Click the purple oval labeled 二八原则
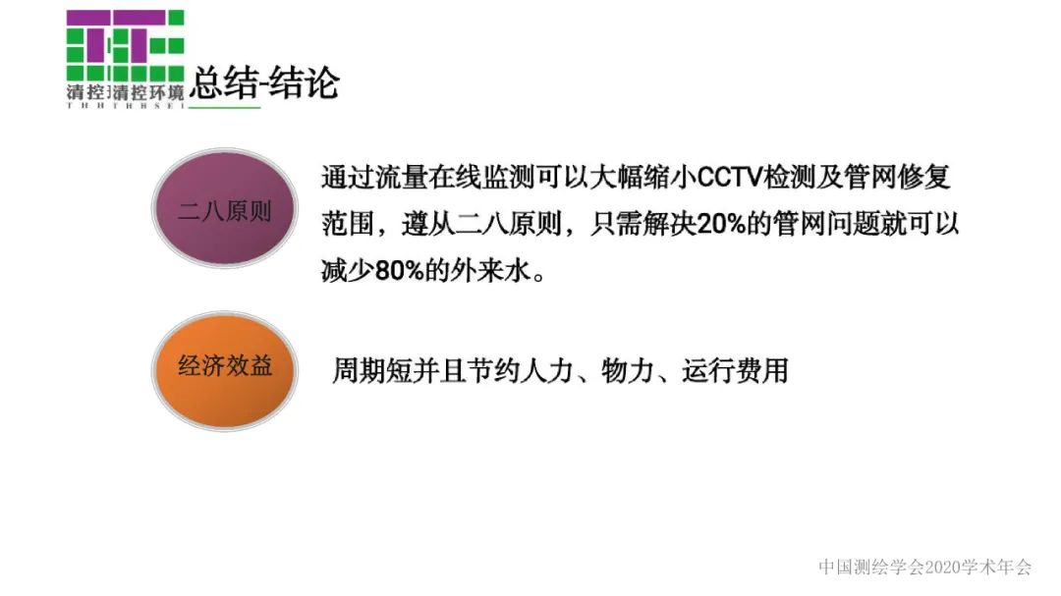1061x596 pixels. [224, 210]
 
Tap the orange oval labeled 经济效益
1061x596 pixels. [224, 368]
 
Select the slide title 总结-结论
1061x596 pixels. [263, 82]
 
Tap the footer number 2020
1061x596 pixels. [940, 567]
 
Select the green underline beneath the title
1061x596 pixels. [224, 106]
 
